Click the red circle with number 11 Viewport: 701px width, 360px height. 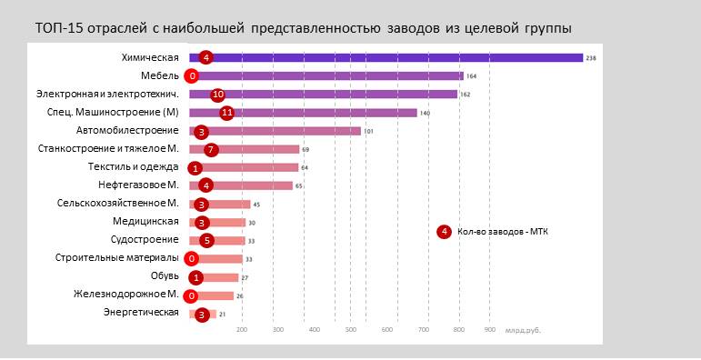coord(227,113)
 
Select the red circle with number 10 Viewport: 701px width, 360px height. coord(217,95)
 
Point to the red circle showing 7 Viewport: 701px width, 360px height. coord(211,149)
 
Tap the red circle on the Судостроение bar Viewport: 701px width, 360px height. coord(207,241)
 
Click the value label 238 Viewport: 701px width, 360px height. coord(591,58)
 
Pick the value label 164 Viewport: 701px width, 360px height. coord(471,76)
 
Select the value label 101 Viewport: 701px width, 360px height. coord(369,131)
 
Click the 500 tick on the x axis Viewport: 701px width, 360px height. coord(351,329)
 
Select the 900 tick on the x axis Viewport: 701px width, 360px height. coord(489,329)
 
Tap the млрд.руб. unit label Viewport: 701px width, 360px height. coord(523,330)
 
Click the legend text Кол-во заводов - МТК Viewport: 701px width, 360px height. coord(502,232)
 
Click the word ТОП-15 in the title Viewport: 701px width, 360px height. coord(55,28)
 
